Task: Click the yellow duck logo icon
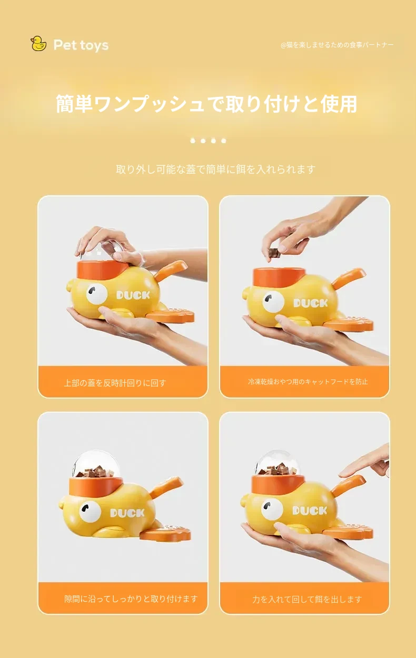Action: coord(38,44)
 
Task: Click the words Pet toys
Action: coord(81,45)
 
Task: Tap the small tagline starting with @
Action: coord(337,45)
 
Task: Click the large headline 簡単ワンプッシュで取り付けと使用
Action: coord(206,104)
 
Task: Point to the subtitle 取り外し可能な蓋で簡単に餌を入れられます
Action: coord(216,170)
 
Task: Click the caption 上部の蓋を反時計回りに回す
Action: coord(115,383)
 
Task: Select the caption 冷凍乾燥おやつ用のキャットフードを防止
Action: coord(308,382)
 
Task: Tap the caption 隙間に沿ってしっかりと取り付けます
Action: coord(131,599)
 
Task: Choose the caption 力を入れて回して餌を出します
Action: coord(307,599)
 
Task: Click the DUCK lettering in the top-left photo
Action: coord(133,295)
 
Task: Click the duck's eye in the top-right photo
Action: coord(273,302)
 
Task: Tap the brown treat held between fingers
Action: coord(273,253)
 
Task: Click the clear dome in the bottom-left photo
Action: coord(96,464)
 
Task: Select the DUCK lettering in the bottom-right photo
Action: coord(310,511)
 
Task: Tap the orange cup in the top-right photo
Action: coord(279,278)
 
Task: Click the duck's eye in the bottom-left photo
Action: coord(90,512)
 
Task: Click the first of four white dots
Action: coord(193,141)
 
